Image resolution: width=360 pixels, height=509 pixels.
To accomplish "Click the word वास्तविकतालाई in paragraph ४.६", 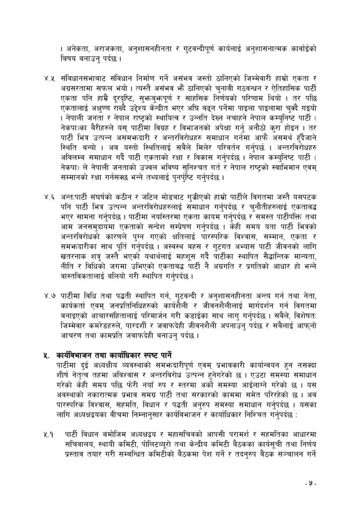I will (87, 275).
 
